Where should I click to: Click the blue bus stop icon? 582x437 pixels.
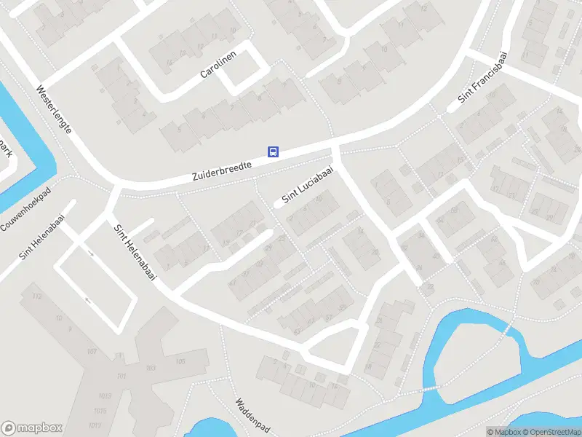point(274,151)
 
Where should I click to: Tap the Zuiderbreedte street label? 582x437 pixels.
point(222,171)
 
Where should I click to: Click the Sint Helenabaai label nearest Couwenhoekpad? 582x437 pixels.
point(42,237)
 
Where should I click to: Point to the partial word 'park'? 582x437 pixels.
point(6,148)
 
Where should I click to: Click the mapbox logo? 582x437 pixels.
point(32,428)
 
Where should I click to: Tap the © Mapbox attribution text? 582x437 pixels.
point(503,432)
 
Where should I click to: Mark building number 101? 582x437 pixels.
point(121,377)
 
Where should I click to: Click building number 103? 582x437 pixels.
point(151,369)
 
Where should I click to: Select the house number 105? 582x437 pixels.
point(180,361)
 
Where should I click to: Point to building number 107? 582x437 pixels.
point(92,351)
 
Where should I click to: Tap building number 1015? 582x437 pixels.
point(100,411)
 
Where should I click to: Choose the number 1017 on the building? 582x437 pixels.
point(94,425)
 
